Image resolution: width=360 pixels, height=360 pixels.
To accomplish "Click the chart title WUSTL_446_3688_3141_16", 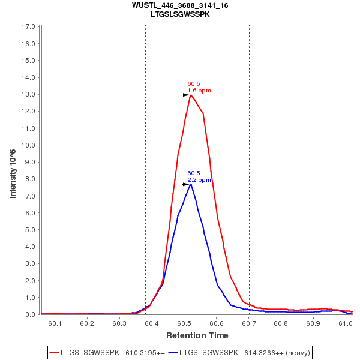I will point(180,5).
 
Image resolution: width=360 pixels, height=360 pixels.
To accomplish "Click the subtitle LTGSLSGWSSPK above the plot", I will point(180,14).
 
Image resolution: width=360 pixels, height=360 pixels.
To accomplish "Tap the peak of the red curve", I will point(191,95).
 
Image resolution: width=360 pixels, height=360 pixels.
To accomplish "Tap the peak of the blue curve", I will point(191,184).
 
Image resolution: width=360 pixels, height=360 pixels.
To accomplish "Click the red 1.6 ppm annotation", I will point(199,91).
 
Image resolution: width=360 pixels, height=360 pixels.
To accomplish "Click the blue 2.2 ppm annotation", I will point(199,179).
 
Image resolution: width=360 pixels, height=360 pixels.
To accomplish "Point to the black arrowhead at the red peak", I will point(186,95).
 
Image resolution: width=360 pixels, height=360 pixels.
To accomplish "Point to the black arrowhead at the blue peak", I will point(186,184).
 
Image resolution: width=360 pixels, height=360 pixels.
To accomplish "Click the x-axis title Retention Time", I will point(197,335).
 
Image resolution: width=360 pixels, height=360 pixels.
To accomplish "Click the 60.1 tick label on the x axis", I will point(55,323).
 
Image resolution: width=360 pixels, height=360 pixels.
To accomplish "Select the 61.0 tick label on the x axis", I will point(346,323).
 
